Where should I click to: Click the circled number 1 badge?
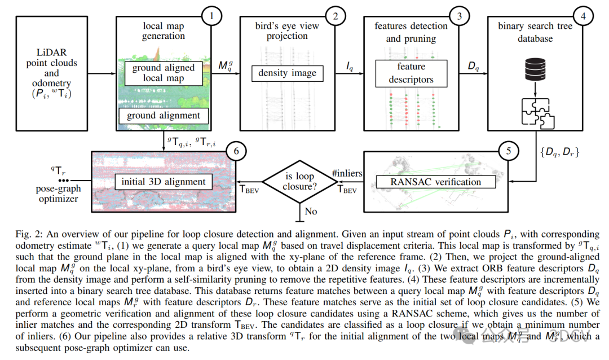coord(211,16)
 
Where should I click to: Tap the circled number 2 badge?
coord(336,16)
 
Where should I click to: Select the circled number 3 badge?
coord(460,16)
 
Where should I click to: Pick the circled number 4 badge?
coord(583,16)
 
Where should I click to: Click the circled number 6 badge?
coord(236,151)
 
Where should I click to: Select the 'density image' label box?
coord(288,73)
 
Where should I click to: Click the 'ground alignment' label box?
coord(163,116)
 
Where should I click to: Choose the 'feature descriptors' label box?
coord(411,73)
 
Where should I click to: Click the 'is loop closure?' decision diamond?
coord(299,181)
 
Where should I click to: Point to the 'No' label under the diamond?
coord(311,211)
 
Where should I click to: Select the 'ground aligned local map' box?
coord(163,73)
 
